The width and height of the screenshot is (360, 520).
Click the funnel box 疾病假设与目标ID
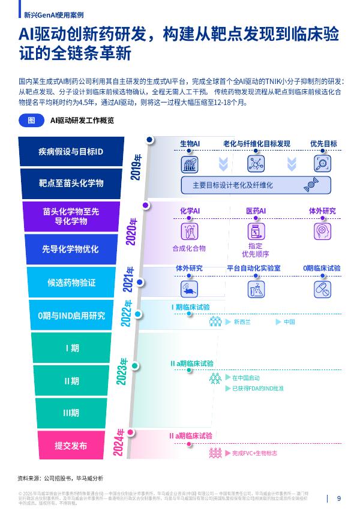pyautogui.click(x=71, y=152)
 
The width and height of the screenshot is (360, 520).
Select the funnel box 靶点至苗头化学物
pyautogui.click(x=71, y=182)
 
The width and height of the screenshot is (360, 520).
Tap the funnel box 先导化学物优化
pyautogui.click(x=71, y=249)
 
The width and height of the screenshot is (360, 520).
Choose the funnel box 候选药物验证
pyautogui.click(x=71, y=282)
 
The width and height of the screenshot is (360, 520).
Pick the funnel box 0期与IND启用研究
pyautogui.click(x=71, y=315)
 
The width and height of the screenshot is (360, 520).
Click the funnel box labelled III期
pyautogui.click(x=71, y=413)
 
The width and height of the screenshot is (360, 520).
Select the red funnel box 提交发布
pyautogui.click(x=71, y=446)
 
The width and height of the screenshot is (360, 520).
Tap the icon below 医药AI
pyautogui.click(x=256, y=230)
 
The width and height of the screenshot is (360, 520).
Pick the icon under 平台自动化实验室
pyautogui.click(x=254, y=288)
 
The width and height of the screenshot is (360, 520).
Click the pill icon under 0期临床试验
pyautogui.click(x=322, y=288)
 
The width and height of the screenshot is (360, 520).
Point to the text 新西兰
pyautogui.click(x=242, y=322)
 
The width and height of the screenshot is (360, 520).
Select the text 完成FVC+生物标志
pyautogui.click(x=254, y=453)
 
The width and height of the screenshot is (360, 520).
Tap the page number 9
pyautogui.click(x=339, y=498)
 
